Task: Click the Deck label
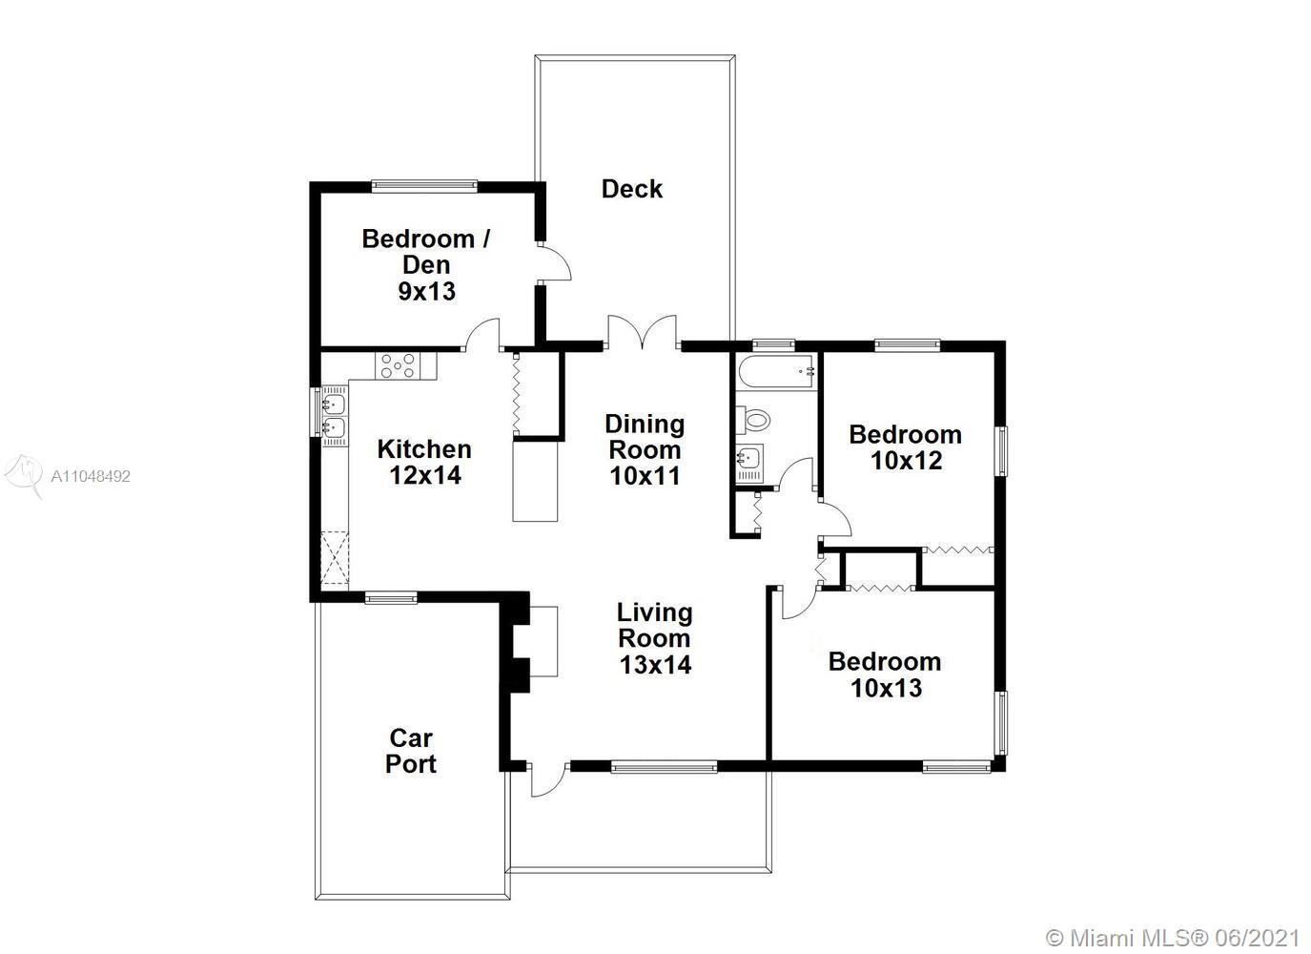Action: tap(632, 189)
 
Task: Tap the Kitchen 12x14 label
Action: tap(425, 462)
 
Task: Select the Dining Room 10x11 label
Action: tap(645, 449)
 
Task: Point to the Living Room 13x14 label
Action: tap(655, 639)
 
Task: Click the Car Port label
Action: tap(411, 752)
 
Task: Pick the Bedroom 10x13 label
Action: tap(886, 674)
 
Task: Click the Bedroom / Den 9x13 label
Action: tap(426, 265)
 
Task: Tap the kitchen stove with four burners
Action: tap(398, 365)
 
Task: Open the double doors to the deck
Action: tap(644, 332)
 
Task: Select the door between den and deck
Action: tap(554, 263)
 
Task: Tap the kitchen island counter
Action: tap(535, 481)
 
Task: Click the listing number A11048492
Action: tap(91, 476)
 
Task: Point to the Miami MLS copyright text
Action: tap(1173, 938)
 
